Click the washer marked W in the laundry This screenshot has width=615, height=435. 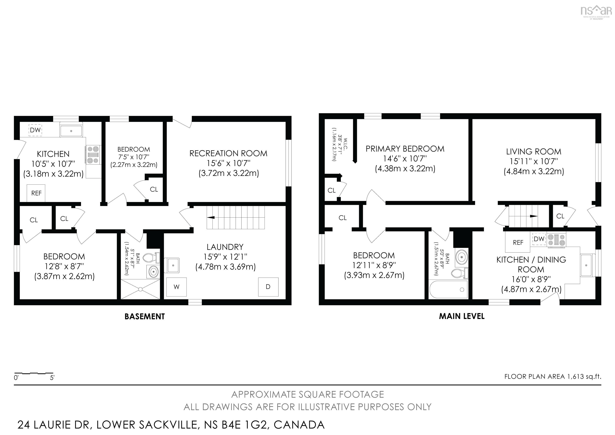pos(176,287)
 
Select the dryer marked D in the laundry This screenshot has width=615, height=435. pos(268,287)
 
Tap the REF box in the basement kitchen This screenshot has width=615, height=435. pos(36,193)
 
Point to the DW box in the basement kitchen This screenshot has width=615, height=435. pos(35,130)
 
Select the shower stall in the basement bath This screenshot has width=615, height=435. pos(140,289)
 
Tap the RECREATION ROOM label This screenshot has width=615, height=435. pos(228,153)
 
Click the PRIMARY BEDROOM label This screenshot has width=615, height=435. pos(405,149)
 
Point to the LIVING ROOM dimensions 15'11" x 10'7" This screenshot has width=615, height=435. pos(534,161)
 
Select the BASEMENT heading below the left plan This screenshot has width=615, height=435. pos(145,317)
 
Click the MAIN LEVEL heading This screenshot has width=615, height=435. pos(461,316)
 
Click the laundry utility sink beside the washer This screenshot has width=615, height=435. pos(173,265)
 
